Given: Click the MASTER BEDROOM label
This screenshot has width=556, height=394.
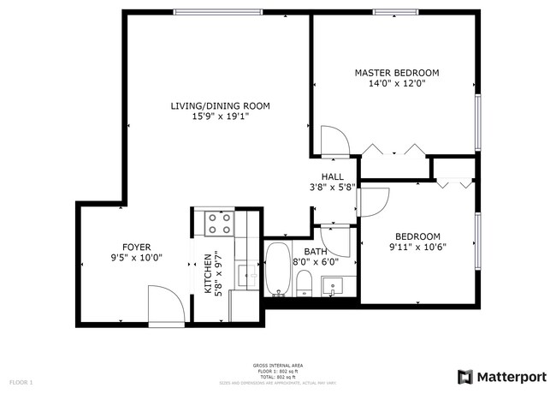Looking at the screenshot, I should [x=396, y=73].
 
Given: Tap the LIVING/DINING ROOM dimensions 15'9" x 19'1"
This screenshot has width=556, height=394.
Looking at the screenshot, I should [x=220, y=117].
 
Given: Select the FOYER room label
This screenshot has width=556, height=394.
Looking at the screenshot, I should [x=136, y=246].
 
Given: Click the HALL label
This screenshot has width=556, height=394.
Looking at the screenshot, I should [x=332, y=176].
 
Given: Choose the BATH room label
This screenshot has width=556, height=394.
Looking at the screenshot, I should [x=316, y=252].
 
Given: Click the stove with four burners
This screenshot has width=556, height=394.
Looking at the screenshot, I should [x=219, y=224].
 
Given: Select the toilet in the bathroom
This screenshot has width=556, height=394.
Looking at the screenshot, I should [x=305, y=283].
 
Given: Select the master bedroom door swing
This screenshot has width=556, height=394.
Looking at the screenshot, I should [x=333, y=140].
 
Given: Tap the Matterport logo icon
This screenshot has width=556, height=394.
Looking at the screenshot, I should [x=464, y=376].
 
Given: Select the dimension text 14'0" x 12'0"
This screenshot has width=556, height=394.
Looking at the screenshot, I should [x=396, y=84].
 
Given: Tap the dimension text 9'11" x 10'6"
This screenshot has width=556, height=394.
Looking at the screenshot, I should [x=417, y=248].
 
